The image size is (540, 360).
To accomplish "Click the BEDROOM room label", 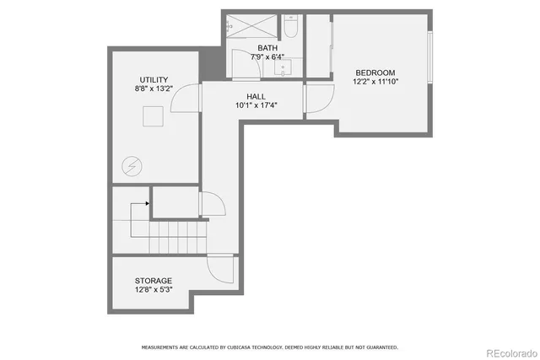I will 375,73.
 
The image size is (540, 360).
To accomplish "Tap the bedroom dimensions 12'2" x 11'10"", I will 375,82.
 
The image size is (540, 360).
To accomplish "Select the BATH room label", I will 267,48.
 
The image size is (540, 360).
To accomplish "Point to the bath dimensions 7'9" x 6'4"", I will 267,57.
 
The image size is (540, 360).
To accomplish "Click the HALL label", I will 256,96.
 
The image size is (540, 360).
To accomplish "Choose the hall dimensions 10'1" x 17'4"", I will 256,105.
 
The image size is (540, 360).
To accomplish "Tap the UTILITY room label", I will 153,79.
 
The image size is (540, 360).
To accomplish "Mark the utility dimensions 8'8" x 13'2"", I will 153,89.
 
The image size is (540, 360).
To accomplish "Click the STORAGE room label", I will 154,280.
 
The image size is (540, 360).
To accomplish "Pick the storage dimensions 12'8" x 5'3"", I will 154,289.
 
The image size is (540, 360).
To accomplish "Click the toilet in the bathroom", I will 290,27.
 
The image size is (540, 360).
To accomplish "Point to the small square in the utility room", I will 154,116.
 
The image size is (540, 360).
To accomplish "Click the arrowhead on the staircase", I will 148,203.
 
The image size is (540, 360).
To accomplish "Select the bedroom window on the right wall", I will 430,58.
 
